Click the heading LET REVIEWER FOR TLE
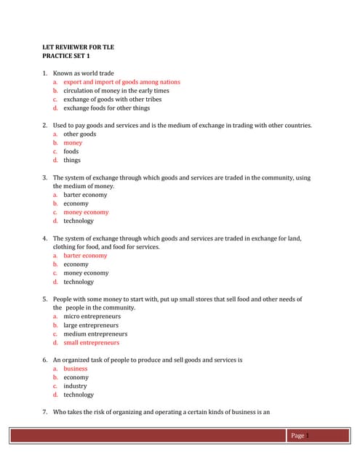(x=79, y=47)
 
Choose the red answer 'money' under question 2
(x=73, y=143)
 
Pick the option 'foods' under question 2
(x=71, y=152)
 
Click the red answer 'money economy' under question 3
(x=86, y=212)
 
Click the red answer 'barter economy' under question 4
(x=84, y=256)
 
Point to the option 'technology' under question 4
(x=79, y=282)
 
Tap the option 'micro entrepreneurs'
(x=92, y=317)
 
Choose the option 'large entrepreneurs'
(x=91, y=325)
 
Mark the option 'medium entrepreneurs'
(x=95, y=334)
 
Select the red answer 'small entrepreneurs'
(x=91, y=343)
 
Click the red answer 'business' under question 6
(x=75, y=369)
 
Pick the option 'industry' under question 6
(x=75, y=387)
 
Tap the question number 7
(x=45, y=413)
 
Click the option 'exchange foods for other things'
(x=106, y=108)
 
